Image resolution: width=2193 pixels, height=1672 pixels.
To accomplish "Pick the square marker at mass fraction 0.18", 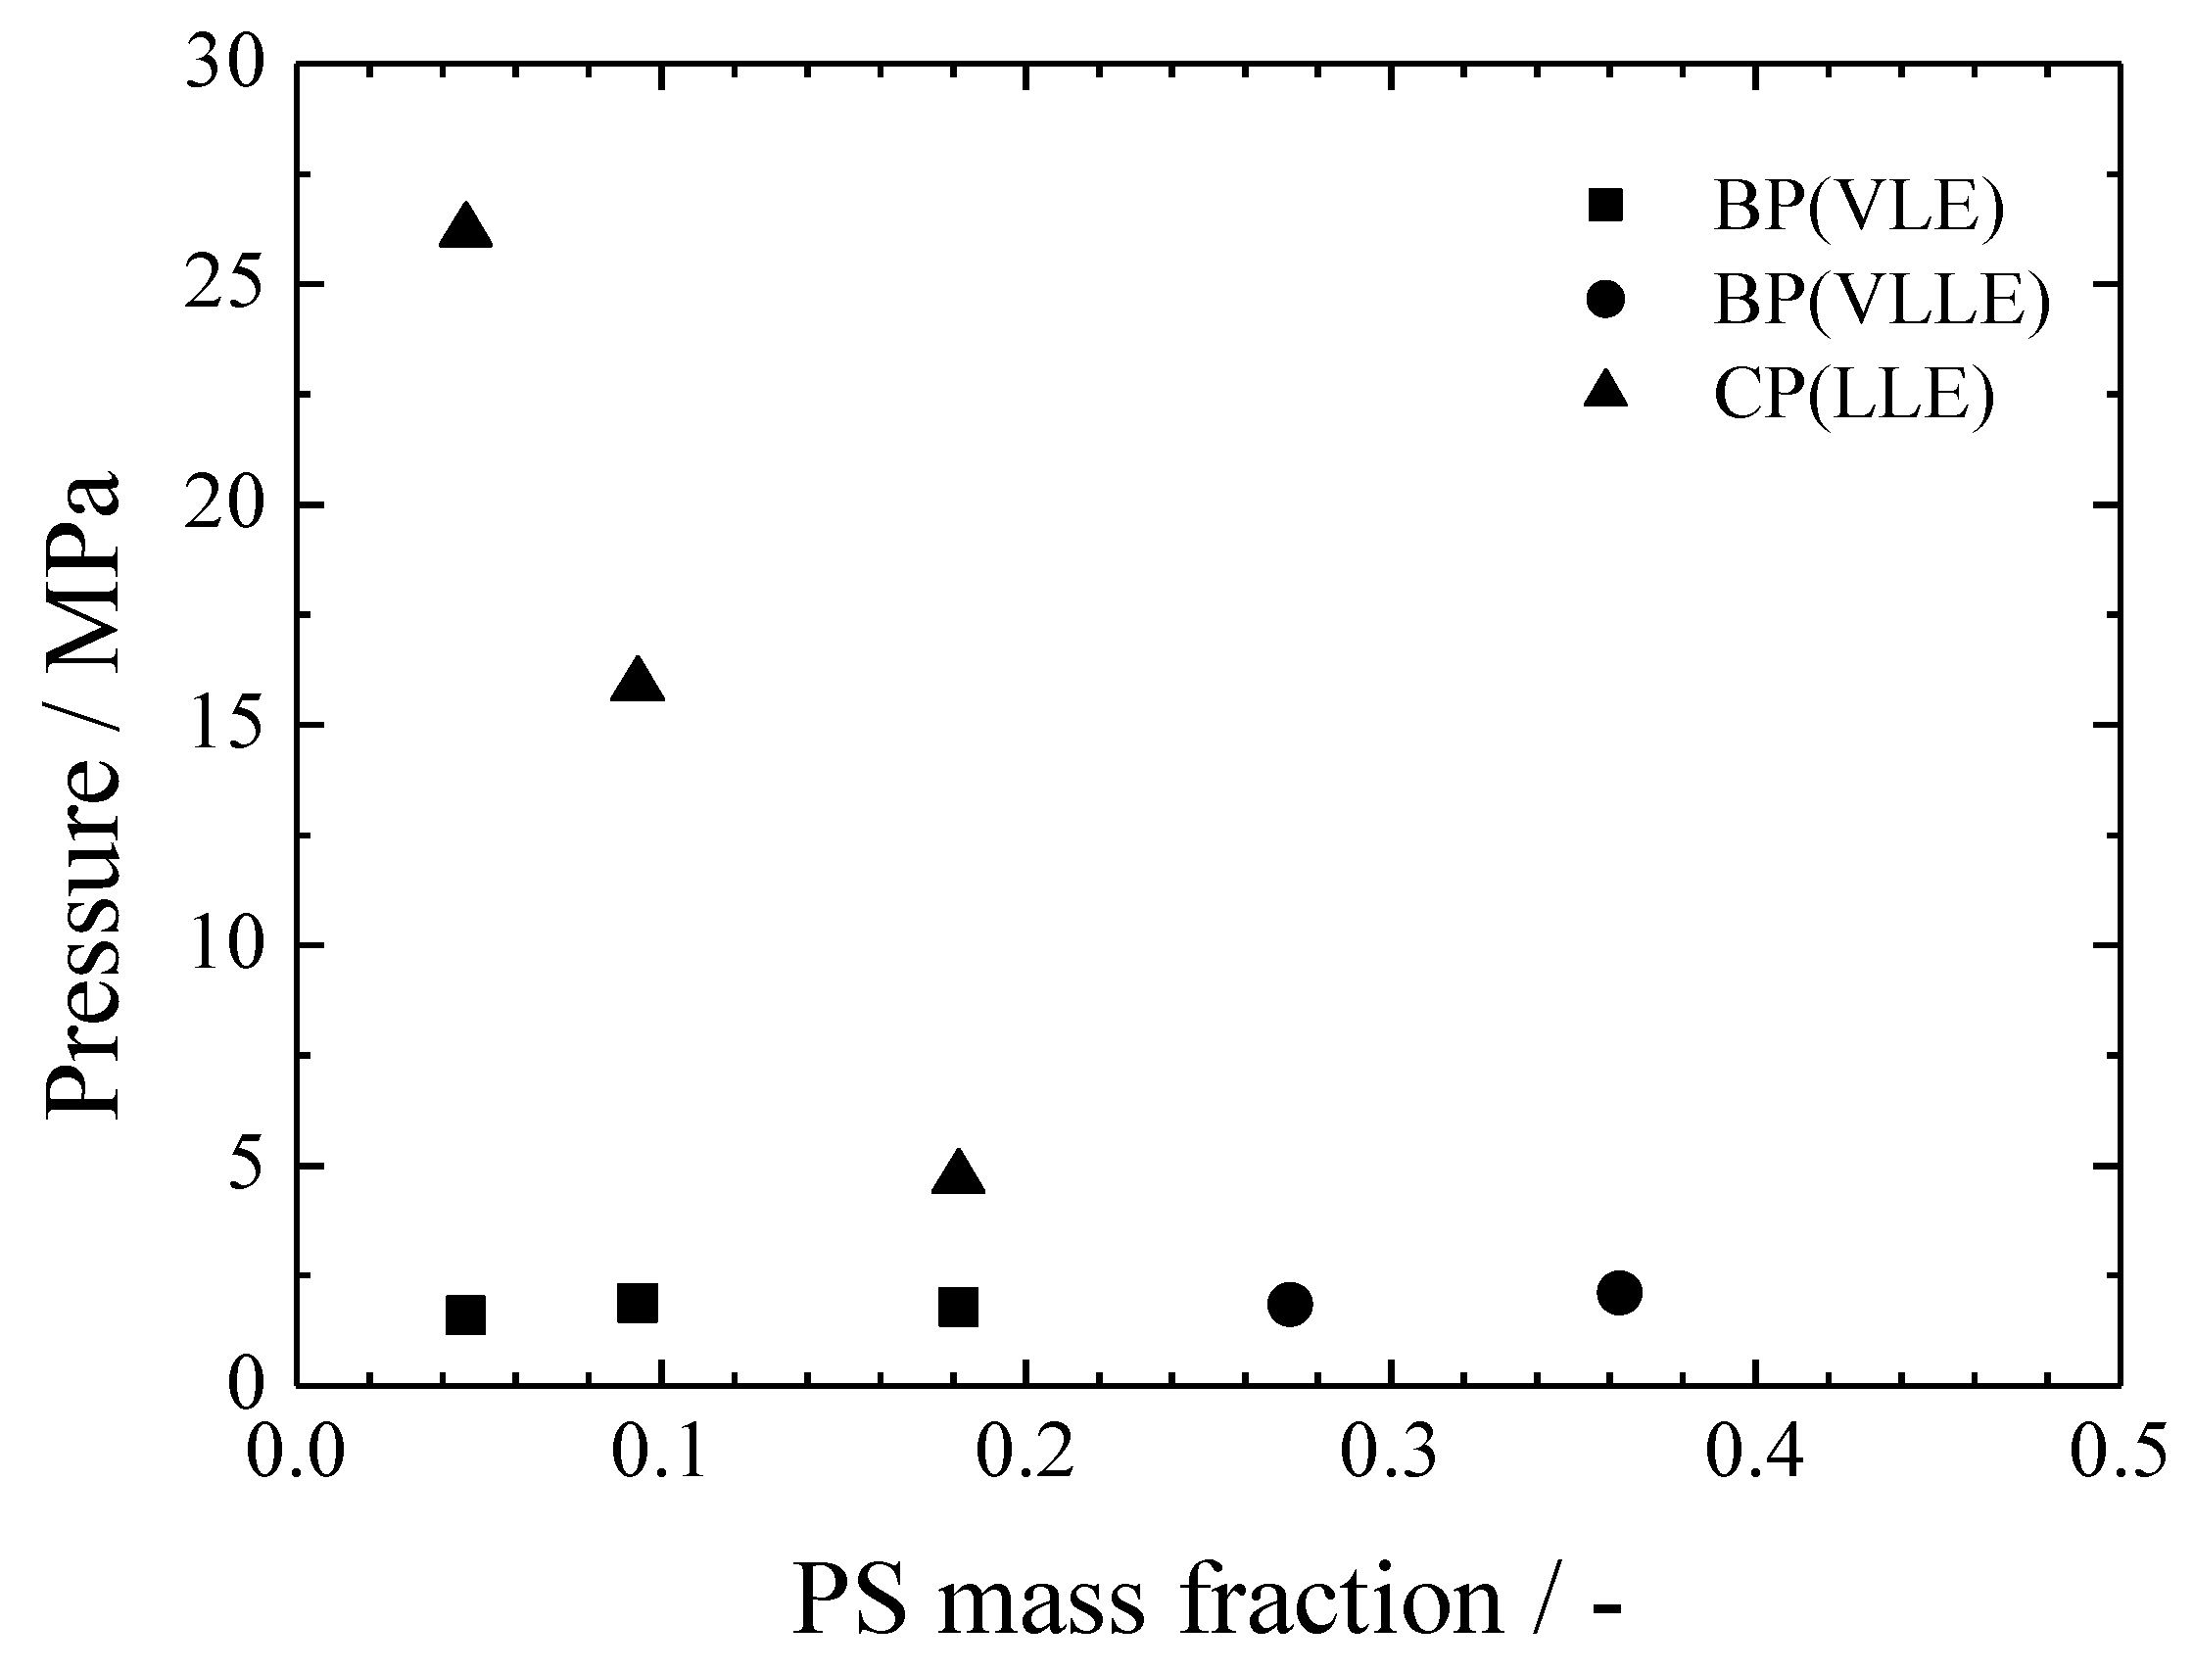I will click(958, 1308).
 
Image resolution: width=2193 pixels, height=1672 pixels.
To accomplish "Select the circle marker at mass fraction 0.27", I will click(1290, 1304).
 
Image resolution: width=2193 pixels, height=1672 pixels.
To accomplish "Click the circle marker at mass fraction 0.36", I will click(1619, 1293).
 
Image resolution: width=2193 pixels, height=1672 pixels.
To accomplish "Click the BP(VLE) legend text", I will click(1858, 206).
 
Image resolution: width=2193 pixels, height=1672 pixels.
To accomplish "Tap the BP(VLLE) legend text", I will click(1881, 300).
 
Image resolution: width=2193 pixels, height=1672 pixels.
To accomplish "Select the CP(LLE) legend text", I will click(1854, 395).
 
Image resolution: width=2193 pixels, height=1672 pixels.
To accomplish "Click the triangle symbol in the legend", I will click(1605, 391).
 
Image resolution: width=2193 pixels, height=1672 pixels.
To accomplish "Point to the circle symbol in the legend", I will click(1605, 300).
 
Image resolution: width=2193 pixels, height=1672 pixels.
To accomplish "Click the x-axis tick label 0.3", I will click(1389, 1452).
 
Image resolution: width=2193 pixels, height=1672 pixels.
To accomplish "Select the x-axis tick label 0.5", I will click(2118, 1452).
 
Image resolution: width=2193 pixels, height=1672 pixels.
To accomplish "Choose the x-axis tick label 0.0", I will click(297, 1452).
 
